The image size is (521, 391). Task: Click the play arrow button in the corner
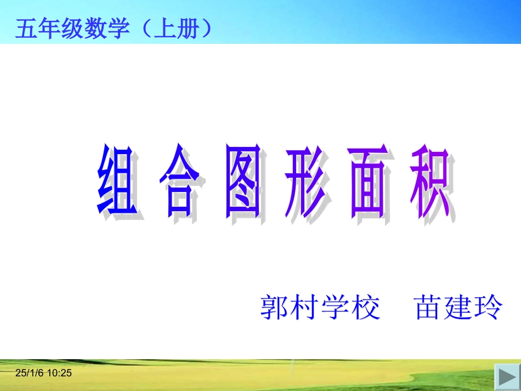tap(505, 377)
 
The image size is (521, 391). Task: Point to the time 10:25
tap(60, 373)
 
